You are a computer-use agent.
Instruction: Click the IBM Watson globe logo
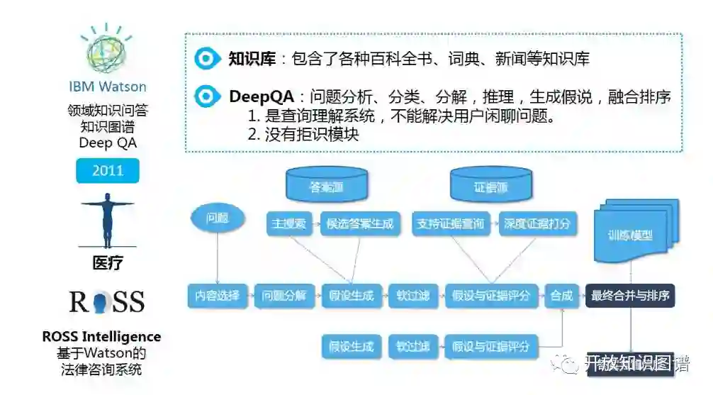(x=107, y=50)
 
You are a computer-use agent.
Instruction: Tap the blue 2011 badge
(x=108, y=171)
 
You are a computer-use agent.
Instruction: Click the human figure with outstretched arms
(x=108, y=221)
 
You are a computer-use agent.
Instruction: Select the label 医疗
(x=108, y=263)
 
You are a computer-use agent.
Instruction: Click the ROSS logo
(x=107, y=301)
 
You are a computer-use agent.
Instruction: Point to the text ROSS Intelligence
(x=101, y=336)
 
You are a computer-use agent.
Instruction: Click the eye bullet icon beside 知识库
(x=206, y=58)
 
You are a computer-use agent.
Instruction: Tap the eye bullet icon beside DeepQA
(x=206, y=96)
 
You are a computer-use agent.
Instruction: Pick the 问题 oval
(x=217, y=218)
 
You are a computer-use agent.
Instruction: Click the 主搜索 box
(x=288, y=223)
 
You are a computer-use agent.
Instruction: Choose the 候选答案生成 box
(x=359, y=223)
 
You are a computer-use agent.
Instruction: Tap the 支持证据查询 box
(x=451, y=223)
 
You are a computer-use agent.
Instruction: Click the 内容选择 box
(x=218, y=296)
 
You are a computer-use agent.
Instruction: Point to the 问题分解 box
(x=283, y=296)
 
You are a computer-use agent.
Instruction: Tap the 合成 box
(x=561, y=296)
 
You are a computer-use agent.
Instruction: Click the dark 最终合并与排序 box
(x=630, y=296)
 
